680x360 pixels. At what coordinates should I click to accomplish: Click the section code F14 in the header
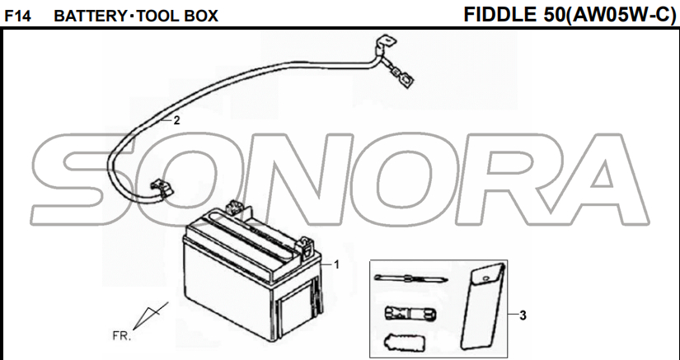point(17,16)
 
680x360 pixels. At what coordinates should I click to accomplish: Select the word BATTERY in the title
point(90,16)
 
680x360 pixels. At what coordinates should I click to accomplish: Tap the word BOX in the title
point(201,16)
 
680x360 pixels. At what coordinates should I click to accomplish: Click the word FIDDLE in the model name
point(500,15)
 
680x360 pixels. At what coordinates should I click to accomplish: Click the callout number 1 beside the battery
point(336,264)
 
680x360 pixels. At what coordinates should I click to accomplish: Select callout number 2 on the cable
point(176,121)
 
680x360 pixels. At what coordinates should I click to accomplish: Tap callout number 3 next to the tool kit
point(523,316)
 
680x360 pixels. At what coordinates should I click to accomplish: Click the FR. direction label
point(121,335)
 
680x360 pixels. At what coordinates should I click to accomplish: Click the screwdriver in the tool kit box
point(410,279)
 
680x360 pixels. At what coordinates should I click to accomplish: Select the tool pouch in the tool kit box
point(483,306)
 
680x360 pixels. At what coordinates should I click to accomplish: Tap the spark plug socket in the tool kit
point(410,313)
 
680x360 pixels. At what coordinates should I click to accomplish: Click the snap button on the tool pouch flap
point(486,277)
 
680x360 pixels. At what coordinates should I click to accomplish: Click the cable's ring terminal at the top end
point(387,43)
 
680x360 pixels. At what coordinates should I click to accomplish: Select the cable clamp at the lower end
point(161,189)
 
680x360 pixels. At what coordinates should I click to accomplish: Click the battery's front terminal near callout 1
point(306,246)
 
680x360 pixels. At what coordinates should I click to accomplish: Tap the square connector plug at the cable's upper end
point(407,79)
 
